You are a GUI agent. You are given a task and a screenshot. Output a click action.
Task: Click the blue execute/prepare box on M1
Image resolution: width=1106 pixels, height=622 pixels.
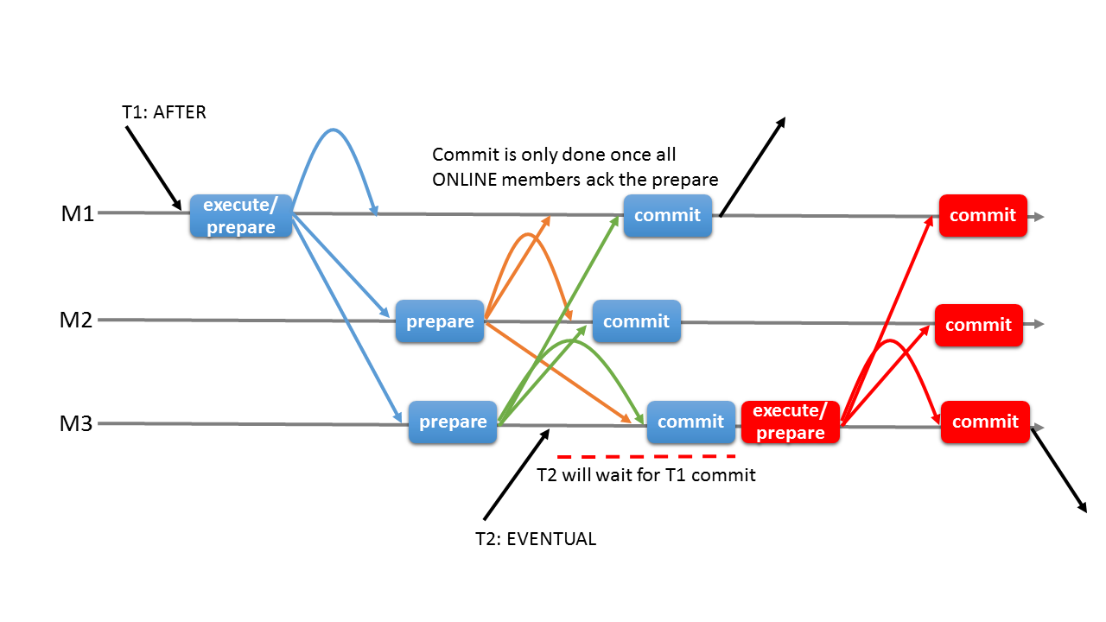tap(240, 216)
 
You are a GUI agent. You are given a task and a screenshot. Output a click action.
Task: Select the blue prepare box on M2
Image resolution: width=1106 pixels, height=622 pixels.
tap(440, 322)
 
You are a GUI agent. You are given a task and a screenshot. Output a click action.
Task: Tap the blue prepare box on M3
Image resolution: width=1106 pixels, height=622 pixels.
tap(453, 422)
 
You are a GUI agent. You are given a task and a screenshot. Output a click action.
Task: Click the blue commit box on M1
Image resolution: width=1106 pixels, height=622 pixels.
tap(667, 216)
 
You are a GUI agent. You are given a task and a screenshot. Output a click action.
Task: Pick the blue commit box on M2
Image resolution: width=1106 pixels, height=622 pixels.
tap(636, 321)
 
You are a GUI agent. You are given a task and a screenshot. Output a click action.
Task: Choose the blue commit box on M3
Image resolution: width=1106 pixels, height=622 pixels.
tap(690, 422)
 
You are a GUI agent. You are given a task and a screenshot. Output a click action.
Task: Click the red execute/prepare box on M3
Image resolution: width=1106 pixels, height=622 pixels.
tap(791, 422)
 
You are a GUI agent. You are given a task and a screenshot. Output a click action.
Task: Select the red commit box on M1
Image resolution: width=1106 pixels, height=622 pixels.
tap(982, 216)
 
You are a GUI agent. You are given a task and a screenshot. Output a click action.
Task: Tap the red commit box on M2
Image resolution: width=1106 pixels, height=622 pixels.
tap(978, 325)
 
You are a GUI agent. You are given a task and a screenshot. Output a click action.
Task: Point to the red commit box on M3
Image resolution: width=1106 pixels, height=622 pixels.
tap(985, 422)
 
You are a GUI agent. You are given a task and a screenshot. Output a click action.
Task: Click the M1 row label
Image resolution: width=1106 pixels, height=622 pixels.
tap(77, 213)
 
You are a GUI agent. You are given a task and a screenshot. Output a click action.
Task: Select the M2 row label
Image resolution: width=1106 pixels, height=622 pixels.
tap(77, 321)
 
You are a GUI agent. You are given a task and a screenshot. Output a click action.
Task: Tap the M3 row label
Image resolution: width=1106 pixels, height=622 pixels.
tap(77, 424)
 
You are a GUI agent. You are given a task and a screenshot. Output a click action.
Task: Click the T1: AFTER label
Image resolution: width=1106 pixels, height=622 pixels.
tap(164, 112)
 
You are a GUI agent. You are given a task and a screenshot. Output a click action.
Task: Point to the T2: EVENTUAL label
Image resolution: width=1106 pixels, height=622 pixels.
tap(536, 539)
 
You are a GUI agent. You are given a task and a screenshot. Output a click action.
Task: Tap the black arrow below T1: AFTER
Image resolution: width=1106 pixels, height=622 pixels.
tap(153, 168)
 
